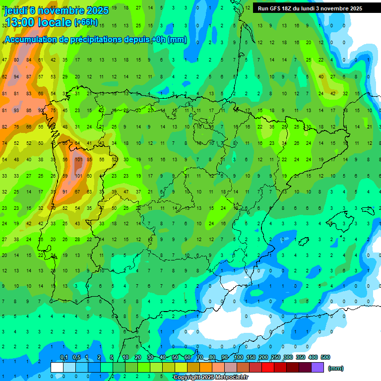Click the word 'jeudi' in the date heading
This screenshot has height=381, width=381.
[18, 10]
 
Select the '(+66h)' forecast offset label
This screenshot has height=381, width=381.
[85, 23]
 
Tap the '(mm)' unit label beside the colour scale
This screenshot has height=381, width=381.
[336, 368]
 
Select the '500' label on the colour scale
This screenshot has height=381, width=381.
[325, 357]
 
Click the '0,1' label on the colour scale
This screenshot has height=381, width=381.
[64, 357]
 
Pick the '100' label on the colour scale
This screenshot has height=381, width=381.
[239, 357]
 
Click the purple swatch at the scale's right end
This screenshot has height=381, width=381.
[317, 367]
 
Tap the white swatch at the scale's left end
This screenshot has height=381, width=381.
[57, 367]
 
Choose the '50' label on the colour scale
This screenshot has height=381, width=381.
[175, 357]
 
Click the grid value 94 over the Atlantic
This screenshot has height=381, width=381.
[16, 77]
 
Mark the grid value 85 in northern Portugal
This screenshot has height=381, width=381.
[89, 160]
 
